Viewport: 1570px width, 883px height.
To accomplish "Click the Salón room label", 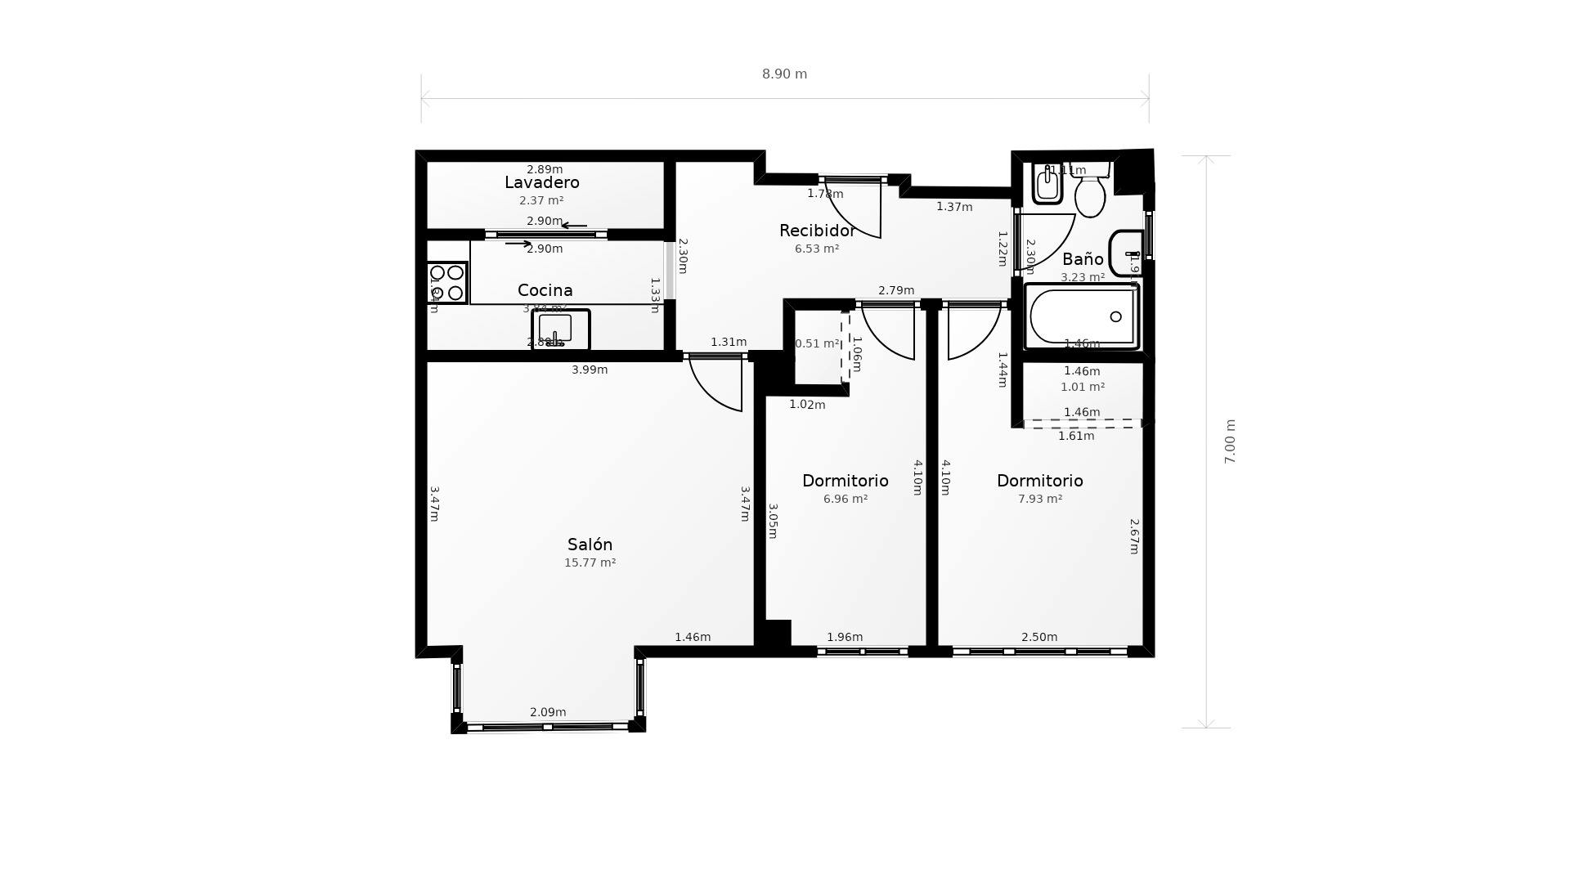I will (x=590, y=545).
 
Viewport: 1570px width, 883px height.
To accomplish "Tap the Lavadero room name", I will (x=541, y=182).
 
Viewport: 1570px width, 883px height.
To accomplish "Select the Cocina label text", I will (x=545, y=290).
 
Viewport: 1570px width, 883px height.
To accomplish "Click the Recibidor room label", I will (x=817, y=231).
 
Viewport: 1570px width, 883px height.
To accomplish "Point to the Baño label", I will (x=1083, y=259).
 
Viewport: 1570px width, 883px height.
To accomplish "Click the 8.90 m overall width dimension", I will (x=784, y=74).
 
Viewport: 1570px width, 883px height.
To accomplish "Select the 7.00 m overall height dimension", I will (x=1229, y=441).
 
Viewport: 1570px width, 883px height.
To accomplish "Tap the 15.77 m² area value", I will (x=590, y=563).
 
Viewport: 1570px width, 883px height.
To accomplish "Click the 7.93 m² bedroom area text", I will (x=1039, y=499).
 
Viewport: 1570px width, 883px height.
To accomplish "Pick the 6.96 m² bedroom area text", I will (x=845, y=499).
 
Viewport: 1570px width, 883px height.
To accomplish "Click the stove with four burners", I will (x=446, y=283).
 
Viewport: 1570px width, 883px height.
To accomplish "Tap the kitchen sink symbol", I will (x=560, y=329).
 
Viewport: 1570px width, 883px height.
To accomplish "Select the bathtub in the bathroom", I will (x=1082, y=316).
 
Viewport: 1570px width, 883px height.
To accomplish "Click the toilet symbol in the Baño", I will (x=1090, y=194).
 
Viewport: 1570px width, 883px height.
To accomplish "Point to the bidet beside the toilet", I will (x=1047, y=184).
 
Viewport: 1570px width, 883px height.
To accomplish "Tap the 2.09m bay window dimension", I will (x=548, y=712).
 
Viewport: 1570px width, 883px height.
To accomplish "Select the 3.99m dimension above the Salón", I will (x=589, y=370).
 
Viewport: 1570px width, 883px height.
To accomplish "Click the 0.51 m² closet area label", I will (x=817, y=343).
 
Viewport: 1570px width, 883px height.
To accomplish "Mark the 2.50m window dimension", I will (x=1038, y=637).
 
